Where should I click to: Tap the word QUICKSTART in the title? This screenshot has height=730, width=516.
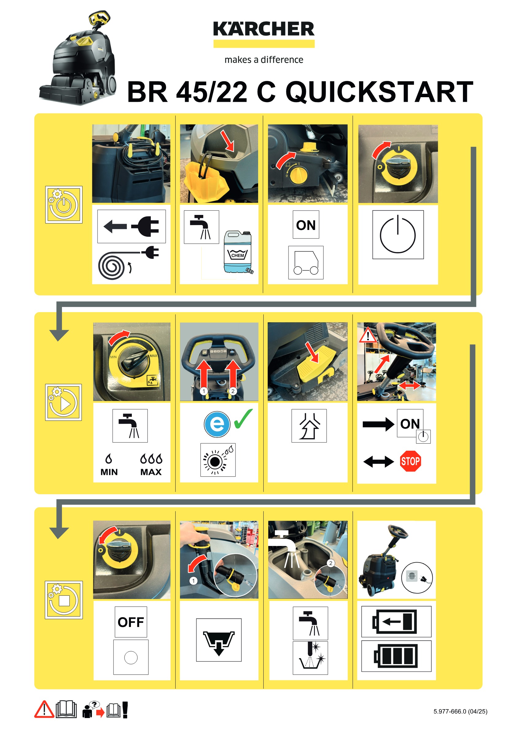tap(379, 92)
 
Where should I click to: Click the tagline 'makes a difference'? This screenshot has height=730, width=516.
tap(264, 59)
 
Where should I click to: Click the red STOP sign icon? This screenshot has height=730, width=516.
tap(410, 461)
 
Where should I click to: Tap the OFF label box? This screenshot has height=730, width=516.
tap(131, 622)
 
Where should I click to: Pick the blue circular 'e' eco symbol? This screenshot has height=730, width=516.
tap(217, 424)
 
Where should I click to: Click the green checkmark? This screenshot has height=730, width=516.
tap(243, 418)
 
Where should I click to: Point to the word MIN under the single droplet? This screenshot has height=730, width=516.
tap(109, 472)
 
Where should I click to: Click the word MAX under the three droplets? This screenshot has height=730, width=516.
tap(151, 472)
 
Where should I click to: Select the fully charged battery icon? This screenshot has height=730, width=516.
tap(396, 656)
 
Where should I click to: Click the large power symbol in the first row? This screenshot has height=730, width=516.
tap(398, 234)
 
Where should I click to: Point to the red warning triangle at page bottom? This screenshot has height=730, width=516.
tap(44, 709)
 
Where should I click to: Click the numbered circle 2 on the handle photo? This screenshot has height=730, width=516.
tap(233, 391)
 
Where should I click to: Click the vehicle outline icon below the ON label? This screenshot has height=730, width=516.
tap(306, 263)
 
